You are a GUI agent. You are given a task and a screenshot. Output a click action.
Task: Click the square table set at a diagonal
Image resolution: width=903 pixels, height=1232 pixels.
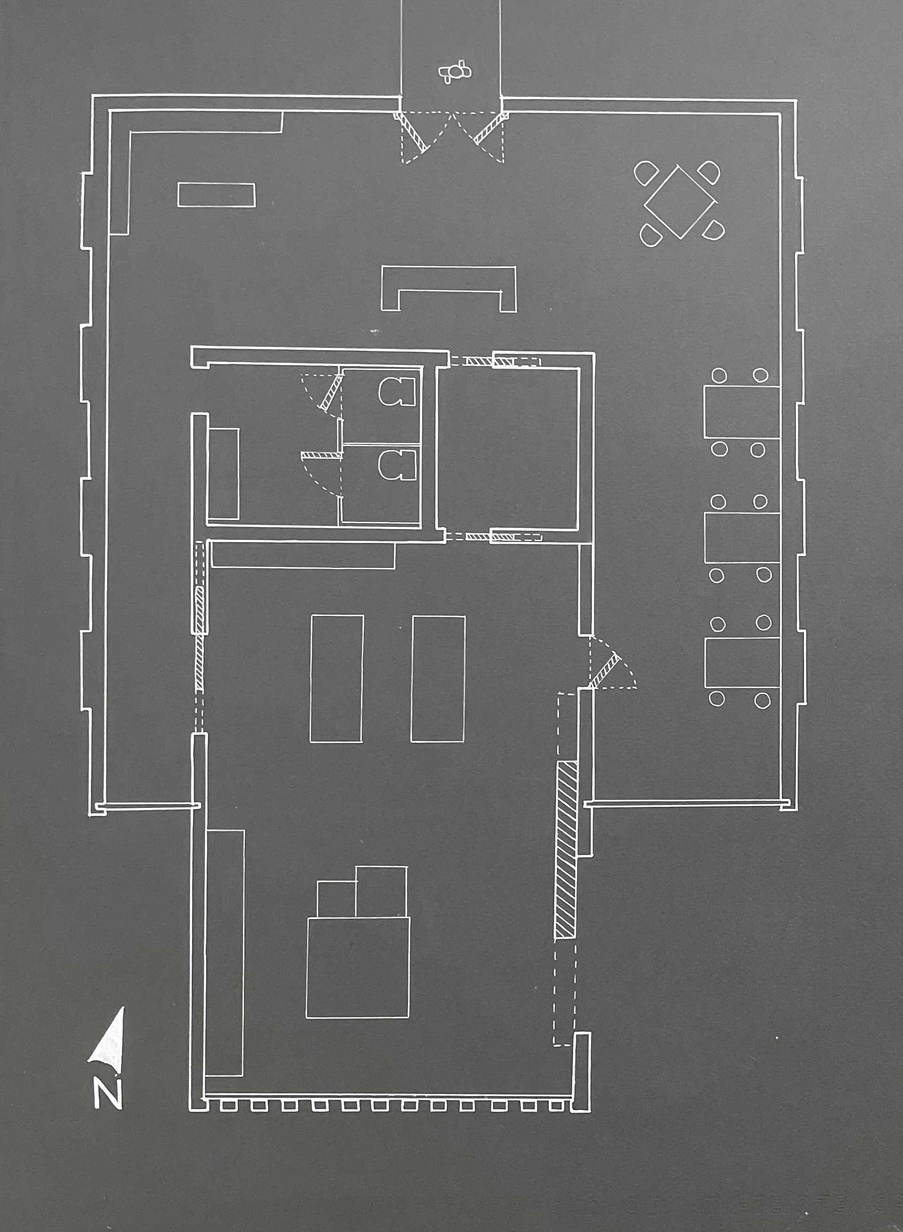coord(680,202)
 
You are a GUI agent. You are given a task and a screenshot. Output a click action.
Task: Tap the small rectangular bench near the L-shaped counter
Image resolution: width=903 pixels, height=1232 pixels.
coord(216,195)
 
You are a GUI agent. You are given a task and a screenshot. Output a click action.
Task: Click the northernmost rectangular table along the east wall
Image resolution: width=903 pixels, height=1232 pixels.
coord(742,412)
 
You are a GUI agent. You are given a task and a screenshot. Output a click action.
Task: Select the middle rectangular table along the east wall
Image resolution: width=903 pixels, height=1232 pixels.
coord(742,538)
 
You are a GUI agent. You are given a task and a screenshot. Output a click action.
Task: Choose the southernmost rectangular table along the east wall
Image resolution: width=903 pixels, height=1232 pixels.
coord(742,662)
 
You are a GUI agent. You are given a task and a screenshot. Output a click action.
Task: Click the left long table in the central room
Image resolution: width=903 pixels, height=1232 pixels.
coord(337,678)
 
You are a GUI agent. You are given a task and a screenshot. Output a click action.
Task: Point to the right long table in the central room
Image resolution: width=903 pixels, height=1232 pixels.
coord(438,678)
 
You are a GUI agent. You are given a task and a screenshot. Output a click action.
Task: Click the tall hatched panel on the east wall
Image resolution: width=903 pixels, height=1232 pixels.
coord(566,850)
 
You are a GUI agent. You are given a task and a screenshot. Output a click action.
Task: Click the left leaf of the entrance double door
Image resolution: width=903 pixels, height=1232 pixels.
coord(412,132)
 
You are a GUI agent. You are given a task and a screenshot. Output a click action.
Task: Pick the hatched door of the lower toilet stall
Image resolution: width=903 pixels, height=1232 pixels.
coord(321,455)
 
